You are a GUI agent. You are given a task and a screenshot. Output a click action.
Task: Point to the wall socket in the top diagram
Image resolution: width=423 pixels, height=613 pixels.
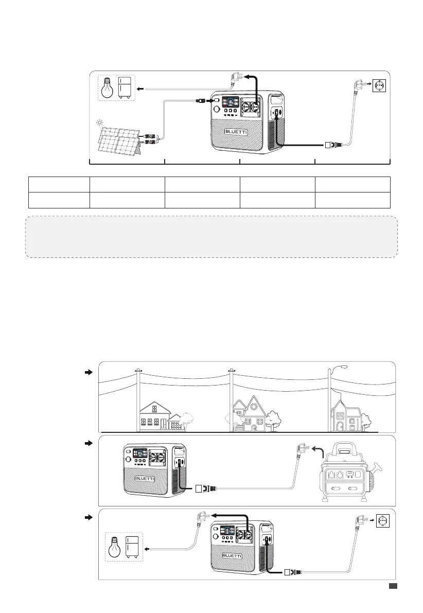[x=379, y=85]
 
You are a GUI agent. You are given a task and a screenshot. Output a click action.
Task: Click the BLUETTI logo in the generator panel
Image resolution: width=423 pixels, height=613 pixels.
[x=148, y=478]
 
